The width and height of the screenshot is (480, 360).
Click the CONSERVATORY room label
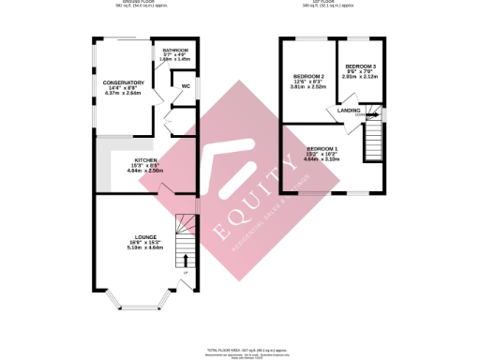click(x=123, y=82)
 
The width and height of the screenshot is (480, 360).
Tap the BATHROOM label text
click(x=175, y=50)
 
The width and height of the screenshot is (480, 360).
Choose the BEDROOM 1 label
click(x=322, y=150)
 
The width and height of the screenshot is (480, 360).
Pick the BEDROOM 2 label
click(x=308, y=76)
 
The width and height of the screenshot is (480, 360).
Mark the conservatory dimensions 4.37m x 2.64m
click(x=123, y=93)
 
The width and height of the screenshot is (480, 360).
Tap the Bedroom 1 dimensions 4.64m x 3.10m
click(x=322, y=160)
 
